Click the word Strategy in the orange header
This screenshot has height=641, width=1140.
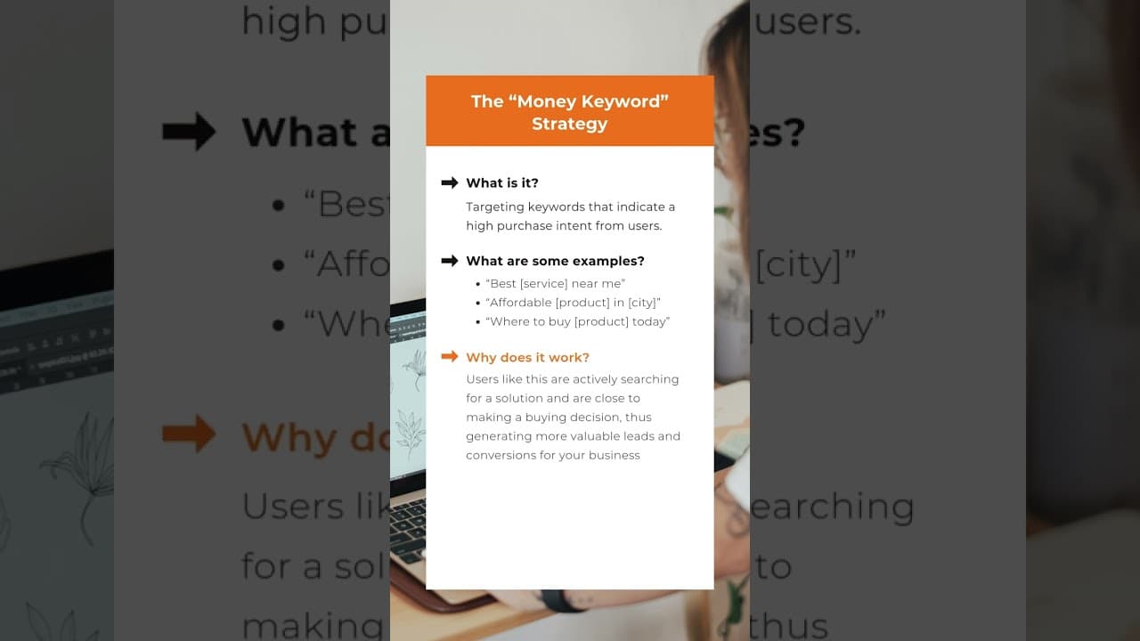(569, 124)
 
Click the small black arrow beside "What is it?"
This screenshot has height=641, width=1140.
(450, 183)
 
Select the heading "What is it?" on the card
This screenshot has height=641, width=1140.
(502, 183)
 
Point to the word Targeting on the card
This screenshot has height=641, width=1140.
(496, 207)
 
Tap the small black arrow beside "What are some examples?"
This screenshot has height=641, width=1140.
(450, 261)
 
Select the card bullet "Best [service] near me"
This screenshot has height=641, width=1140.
(556, 284)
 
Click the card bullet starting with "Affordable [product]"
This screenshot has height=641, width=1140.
(573, 303)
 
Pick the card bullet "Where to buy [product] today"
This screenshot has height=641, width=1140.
(577, 321)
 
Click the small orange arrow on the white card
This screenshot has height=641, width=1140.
(450, 357)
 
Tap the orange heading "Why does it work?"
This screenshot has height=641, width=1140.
(527, 357)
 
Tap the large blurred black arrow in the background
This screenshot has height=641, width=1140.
(189, 132)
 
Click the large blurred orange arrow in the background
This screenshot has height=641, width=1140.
(189, 434)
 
